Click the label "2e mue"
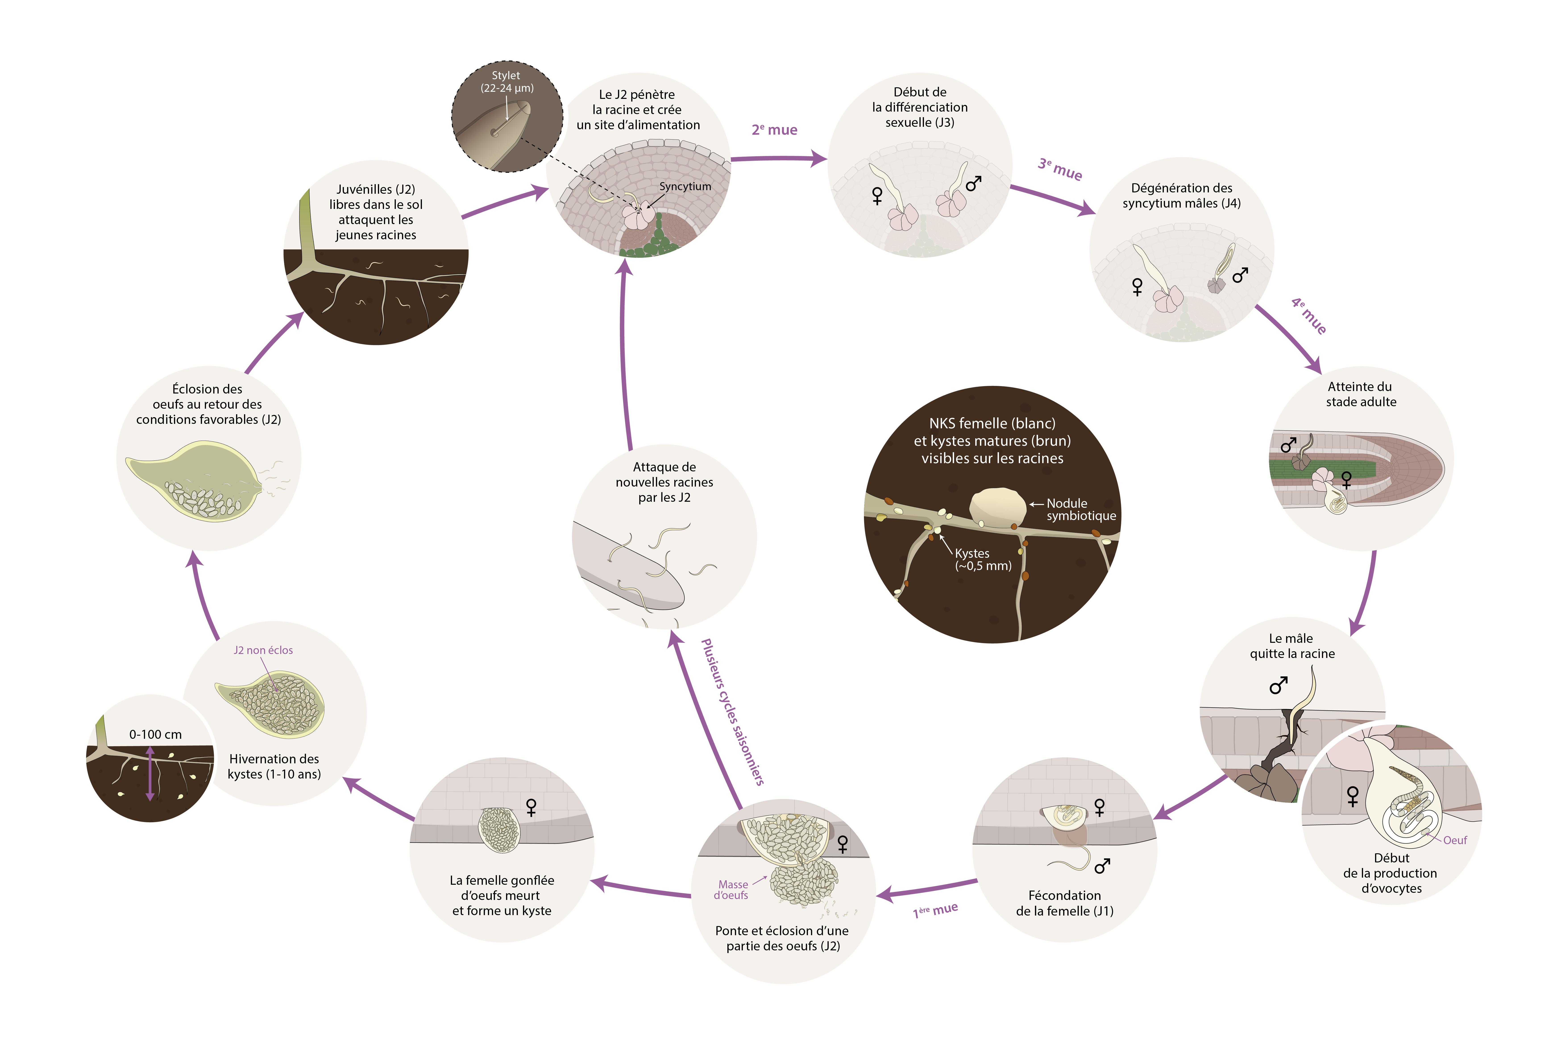(x=774, y=130)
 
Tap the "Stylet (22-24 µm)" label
(x=506, y=81)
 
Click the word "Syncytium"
(x=685, y=187)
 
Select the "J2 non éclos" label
(x=263, y=650)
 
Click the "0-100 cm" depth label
(x=155, y=735)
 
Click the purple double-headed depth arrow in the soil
(x=150, y=773)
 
